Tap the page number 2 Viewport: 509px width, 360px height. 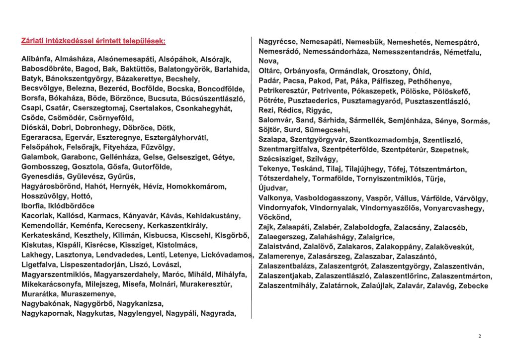click(x=480, y=337)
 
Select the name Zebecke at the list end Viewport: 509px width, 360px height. click(x=474, y=285)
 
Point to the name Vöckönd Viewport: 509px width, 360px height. click(x=275, y=217)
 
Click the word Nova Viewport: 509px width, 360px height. click(x=268, y=61)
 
